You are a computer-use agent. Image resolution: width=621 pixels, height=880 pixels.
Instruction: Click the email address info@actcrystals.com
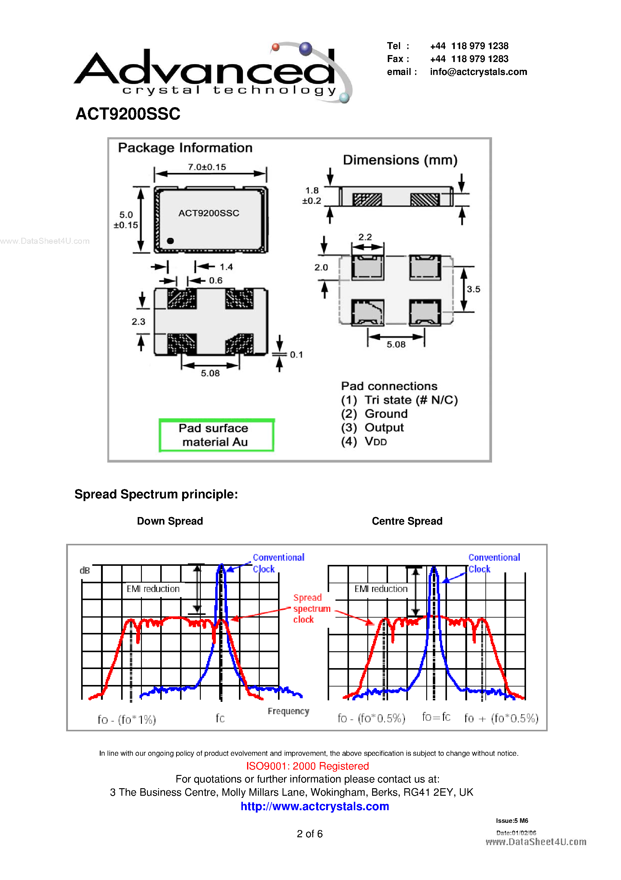click(x=478, y=72)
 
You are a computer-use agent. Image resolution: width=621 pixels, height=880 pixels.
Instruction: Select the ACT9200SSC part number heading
click(x=128, y=114)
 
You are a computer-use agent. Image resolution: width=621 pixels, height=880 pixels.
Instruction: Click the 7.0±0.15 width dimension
click(x=207, y=167)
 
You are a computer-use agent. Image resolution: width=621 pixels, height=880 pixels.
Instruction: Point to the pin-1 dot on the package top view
click(x=170, y=241)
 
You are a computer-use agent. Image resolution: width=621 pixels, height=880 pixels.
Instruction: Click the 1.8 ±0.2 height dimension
click(x=312, y=195)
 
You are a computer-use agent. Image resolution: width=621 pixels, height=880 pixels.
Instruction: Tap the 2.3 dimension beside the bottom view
click(x=138, y=321)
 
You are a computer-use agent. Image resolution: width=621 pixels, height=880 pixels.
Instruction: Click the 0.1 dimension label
click(x=296, y=355)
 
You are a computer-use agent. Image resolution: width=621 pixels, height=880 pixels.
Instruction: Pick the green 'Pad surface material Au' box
click(x=216, y=435)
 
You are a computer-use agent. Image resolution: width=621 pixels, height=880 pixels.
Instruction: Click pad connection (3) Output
click(x=372, y=427)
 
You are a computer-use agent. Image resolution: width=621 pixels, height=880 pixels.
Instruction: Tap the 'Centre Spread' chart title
click(x=407, y=521)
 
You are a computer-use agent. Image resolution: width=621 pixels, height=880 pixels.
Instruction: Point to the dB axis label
click(x=84, y=570)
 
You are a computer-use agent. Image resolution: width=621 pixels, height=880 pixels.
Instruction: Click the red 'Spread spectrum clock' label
click(x=311, y=608)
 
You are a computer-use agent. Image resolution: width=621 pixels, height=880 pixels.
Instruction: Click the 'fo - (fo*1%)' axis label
click(x=127, y=719)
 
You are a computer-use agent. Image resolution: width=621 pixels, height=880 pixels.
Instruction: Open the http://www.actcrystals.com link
click(x=315, y=806)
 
